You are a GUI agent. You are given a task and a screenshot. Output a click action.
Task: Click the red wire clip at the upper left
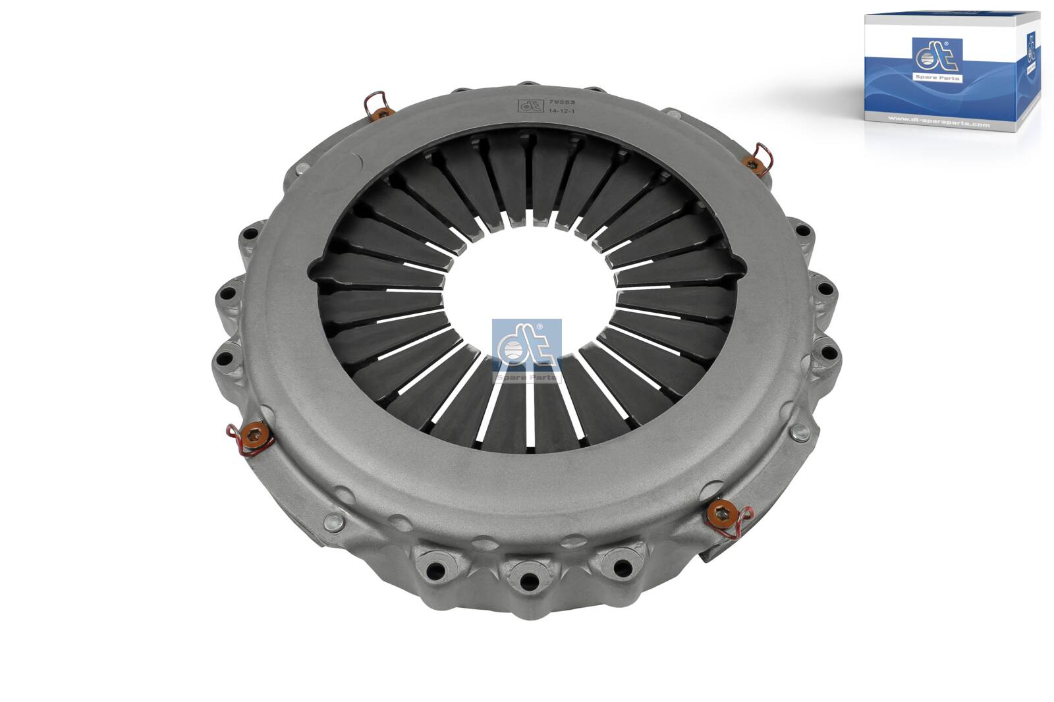(x=374, y=103)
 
